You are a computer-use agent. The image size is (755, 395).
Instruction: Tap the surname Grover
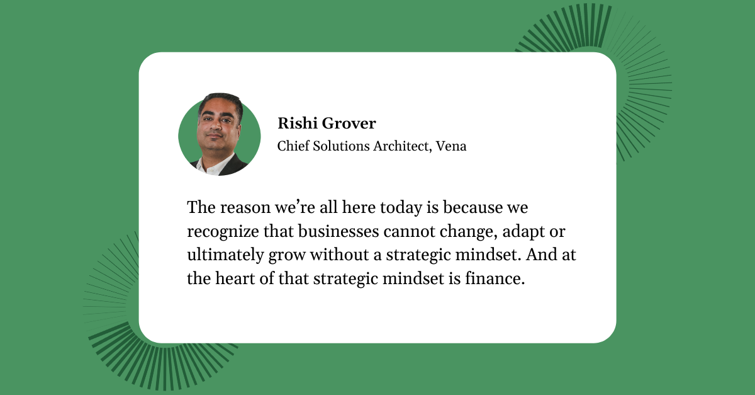coord(349,123)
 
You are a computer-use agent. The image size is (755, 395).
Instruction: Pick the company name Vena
coord(451,146)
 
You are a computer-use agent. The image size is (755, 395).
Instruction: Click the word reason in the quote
coord(245,207)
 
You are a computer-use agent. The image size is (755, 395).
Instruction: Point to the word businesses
coord(338,231)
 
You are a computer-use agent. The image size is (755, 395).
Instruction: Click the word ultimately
coord(225,255)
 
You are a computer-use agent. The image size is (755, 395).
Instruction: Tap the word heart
coord(235,278)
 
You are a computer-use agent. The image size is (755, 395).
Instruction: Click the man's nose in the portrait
coord(215,127)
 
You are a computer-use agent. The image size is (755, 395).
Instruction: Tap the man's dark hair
coord(221,101)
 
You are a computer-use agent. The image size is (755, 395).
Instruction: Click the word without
coord(339,255)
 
